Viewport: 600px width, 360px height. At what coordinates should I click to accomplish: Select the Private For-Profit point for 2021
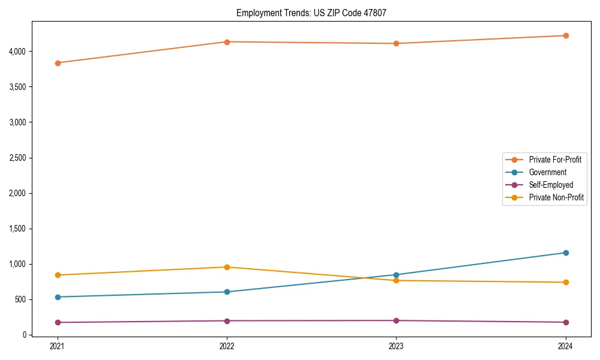coord(58,63)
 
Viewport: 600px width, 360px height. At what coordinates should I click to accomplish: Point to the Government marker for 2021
coord(58,297)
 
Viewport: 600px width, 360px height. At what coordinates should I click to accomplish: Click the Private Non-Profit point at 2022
coord(227,267)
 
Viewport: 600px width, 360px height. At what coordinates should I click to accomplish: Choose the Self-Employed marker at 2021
coord(58,322)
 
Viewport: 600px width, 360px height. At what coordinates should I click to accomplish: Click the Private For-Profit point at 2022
coord(227,42)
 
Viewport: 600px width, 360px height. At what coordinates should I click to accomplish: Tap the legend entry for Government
coord(547,172)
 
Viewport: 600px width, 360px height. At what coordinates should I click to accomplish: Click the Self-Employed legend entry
coord(551,185)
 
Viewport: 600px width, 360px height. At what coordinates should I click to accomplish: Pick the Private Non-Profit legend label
coord(556,197)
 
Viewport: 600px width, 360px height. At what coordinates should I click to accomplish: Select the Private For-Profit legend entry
coord(555,160)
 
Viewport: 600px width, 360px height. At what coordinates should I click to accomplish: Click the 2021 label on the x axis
coord(58,346)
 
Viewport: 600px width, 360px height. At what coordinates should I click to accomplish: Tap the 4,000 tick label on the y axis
coord(18,52)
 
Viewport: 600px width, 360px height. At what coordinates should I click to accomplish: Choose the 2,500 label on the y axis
coord(18,158)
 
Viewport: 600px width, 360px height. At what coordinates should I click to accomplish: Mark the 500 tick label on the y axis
coord(22,299)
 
